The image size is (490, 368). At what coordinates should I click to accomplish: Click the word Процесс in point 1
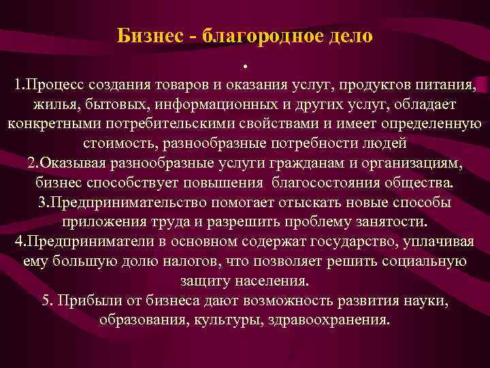[55, 86]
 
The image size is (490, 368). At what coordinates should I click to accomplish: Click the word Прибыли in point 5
[85, 301]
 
